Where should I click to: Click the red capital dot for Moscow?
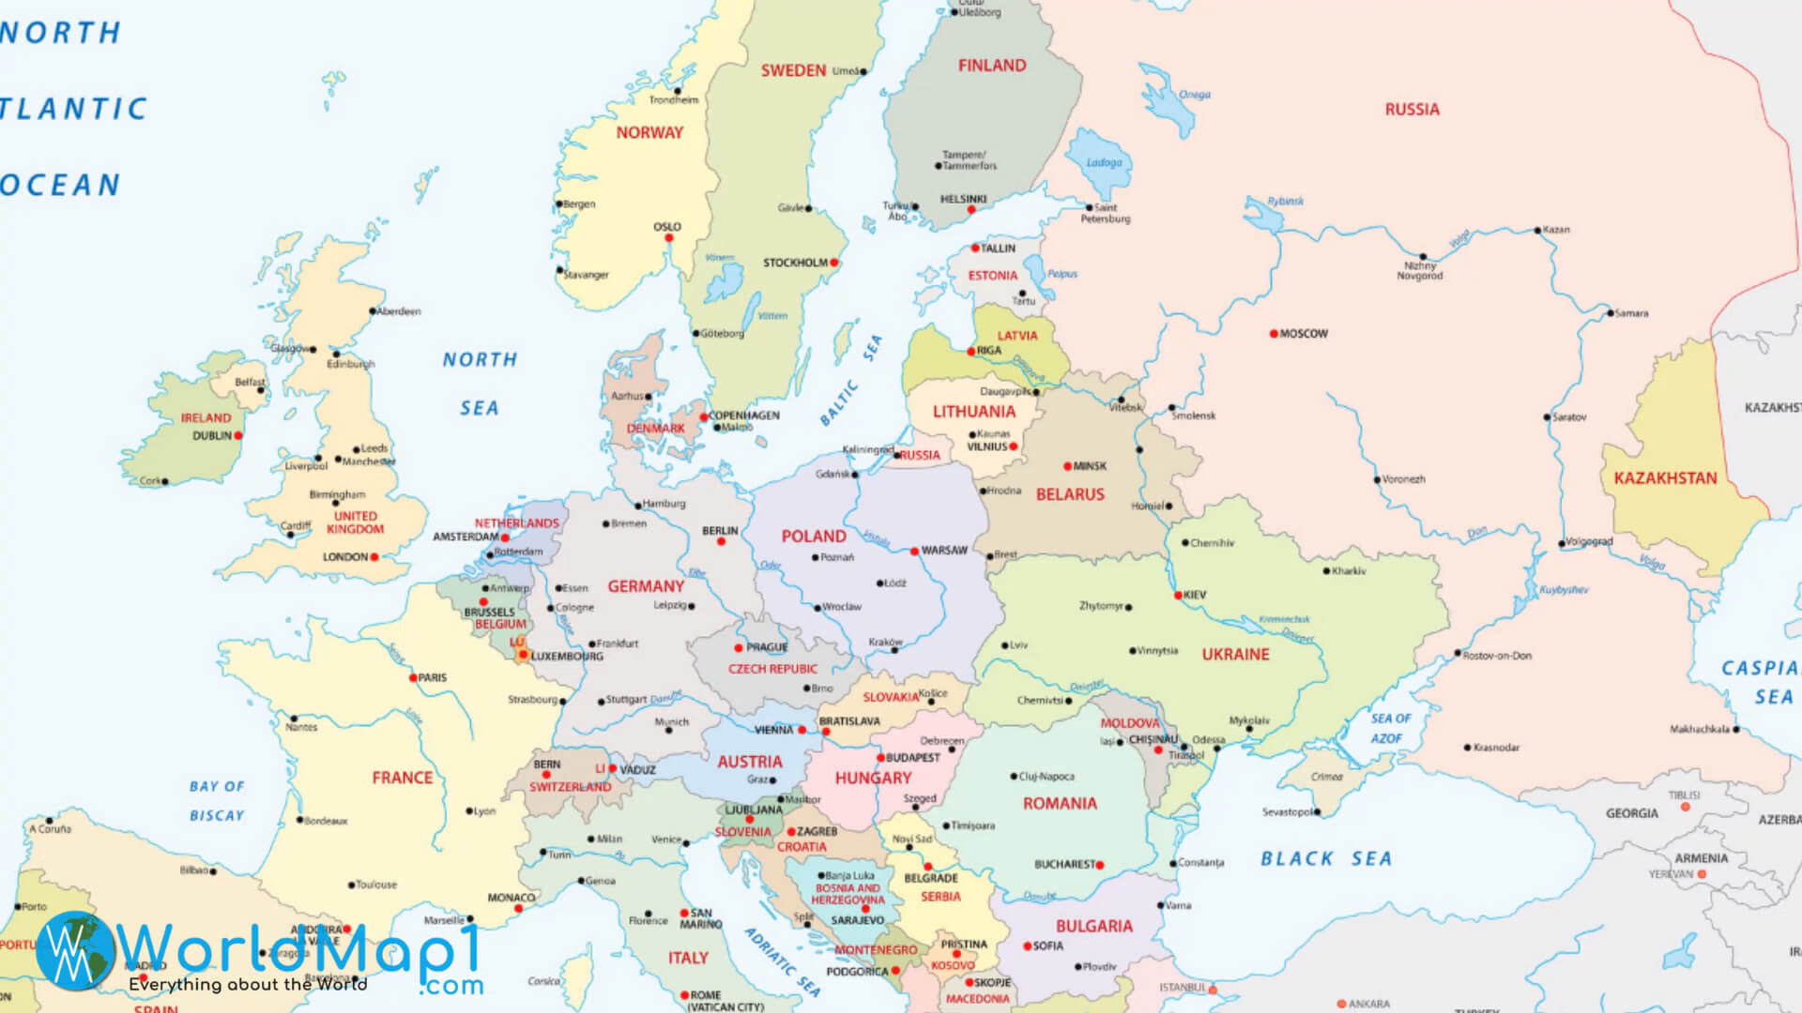click(x=1274, y=334)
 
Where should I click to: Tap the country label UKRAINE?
click(x=1235, y=655)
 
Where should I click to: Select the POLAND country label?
click(x=814, y=537)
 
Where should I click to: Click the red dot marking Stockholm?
click(x=834, y=263)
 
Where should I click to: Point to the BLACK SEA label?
click(x=1325, y=859)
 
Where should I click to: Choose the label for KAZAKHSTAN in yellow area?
click(x=1665, y=478)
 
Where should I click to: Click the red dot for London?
click(x=374, y=557)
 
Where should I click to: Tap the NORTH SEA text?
click(x=480, y=384)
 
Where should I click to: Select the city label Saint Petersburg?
click(x=1106, y=213)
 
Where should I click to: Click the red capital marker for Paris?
click(x=413, y=677)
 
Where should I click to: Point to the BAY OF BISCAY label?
click(x=217, y=801)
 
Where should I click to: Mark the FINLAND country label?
click(x=992, y=66)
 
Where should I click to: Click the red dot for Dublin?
click(x=238, y=436)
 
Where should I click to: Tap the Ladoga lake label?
click(x=1104, y=162)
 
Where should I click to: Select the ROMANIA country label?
click(x=1060, y=804)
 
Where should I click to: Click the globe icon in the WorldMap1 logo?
click(x=75, y=949)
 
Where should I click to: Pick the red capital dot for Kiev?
click(x=1178, y=596)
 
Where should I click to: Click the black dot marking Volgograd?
click(x=1562, y=543)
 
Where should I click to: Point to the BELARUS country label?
click(x=1070, y=494)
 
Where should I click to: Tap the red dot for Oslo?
click(x=669, y=238)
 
